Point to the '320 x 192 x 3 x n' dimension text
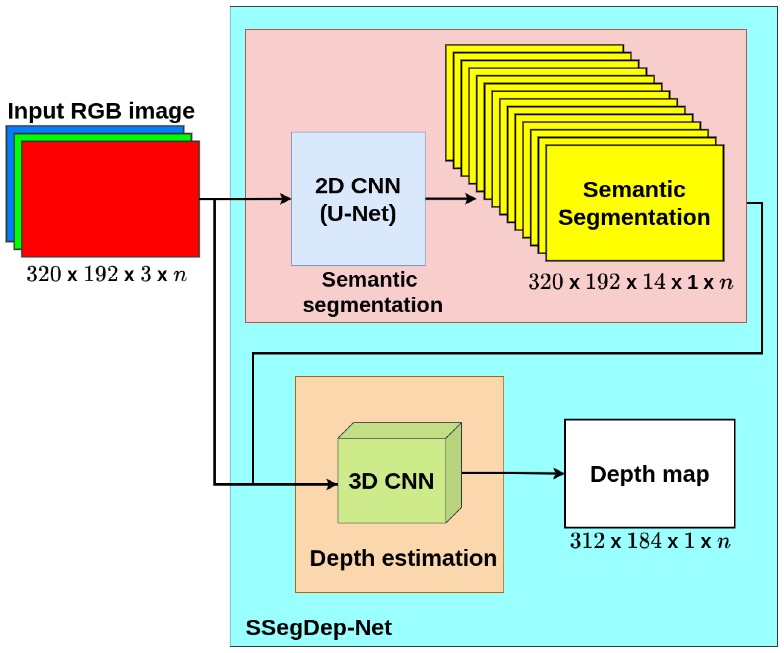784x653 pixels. (106, 274)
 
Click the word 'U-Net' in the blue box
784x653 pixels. (358, 214)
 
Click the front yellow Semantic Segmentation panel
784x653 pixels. (634, 239)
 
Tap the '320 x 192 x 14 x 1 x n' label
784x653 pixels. (630, 282)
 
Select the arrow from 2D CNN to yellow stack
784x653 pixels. (450, 199)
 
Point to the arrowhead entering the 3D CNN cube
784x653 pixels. (332, 485)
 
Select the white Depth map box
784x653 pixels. (650, 500)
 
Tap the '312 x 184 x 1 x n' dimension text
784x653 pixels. (650, 541)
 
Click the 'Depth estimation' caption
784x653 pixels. (403, 558)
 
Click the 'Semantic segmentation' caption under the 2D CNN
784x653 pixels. (372, 292)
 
